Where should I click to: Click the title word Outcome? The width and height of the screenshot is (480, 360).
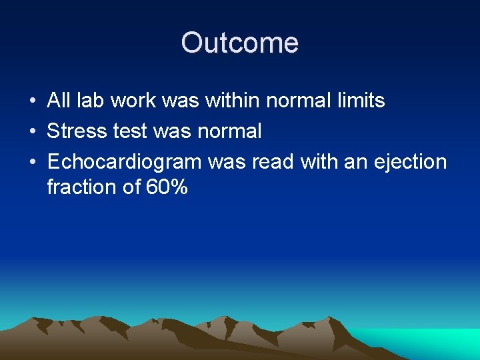coord(239,43)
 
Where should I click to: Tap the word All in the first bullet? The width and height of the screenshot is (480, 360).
coord(59,101)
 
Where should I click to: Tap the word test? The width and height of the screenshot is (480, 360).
coord(128,131)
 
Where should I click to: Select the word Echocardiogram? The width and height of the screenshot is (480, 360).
coord(124,161)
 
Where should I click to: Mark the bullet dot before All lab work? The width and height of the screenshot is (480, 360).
coord(32,101)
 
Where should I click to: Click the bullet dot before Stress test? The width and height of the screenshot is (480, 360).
coord(32,131)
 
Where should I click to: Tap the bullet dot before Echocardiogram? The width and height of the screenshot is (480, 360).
coord(32,161)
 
